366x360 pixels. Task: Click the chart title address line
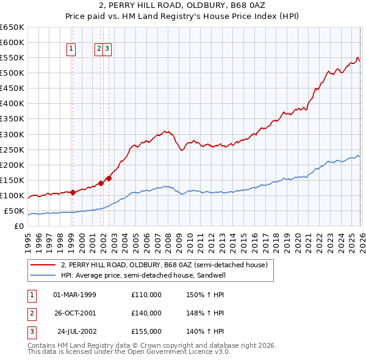182,6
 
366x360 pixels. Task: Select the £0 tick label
18,226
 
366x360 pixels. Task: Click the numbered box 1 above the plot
71,50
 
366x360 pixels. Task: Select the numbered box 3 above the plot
107,50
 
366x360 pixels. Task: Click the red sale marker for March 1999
73,192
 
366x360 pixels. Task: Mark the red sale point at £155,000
109,178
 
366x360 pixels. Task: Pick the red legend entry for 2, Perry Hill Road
164,265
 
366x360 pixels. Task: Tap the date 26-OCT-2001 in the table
74,313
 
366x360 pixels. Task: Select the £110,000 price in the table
146,294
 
